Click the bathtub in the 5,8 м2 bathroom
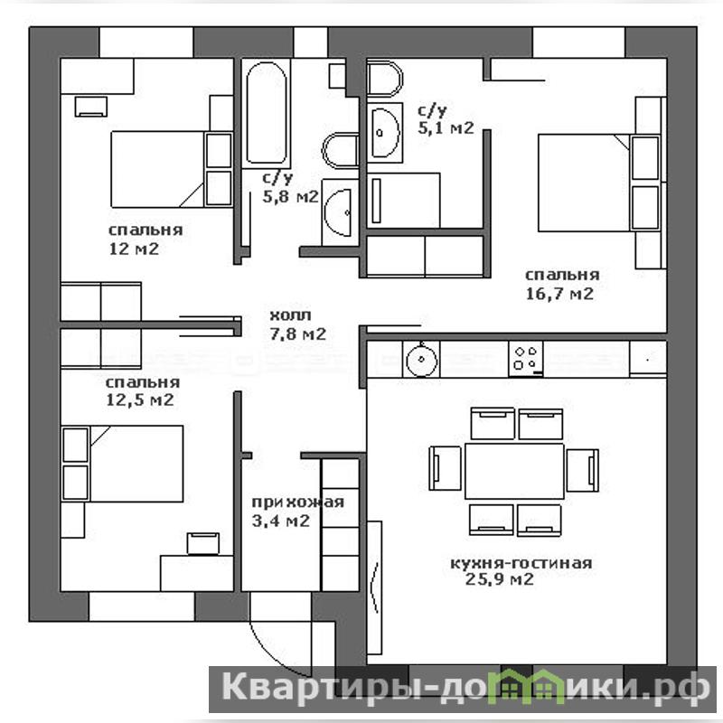[x=267, y=114]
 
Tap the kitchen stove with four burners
[x=526, y=359]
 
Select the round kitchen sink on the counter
[x=421, y=360]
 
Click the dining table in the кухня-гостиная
[x=514, y=471]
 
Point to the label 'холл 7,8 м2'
[x=298, y=324]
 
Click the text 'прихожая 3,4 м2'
[x=298, y=512]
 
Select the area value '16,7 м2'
[x=559, y=294]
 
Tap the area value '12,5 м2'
[x=140, y=399]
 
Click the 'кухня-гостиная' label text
[x=521, y=563]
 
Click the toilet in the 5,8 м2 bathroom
[x=341, y=150]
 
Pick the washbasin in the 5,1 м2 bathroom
[x=385, y=133]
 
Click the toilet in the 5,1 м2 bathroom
[x=385, y=79]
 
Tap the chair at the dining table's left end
[x=446, y=468]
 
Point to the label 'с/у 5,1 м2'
[x=446, y=119]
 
